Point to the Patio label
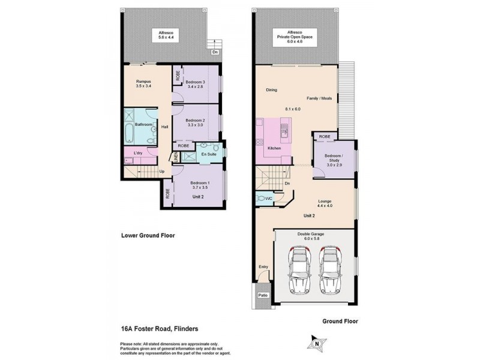coord(262,295)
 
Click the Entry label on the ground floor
coord(262,267)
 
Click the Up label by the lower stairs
coord(162,171)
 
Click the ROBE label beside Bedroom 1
coord(167,193)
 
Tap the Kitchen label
coord(274,148)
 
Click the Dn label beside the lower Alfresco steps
coord(214,52)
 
